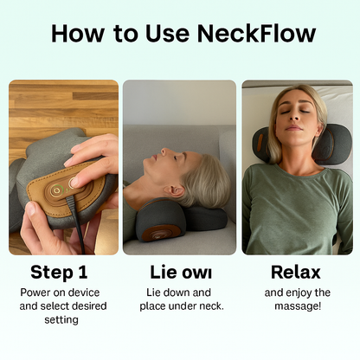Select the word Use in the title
point(164,34)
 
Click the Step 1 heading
point(59,273)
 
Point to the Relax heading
point(296,273)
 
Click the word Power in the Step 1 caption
point(37,292)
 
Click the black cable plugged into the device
point(79,228)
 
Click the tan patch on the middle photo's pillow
point(160,233)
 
